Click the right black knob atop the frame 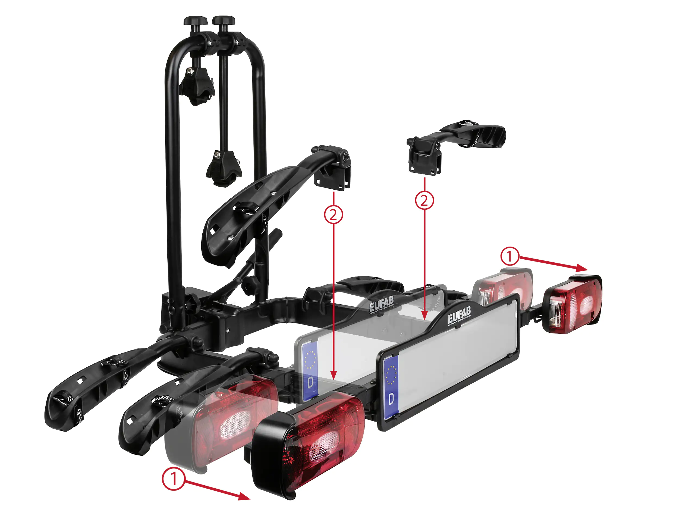click(x=224, y=21)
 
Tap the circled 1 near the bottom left click(x=174, y=479)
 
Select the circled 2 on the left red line click(x=334, y=214)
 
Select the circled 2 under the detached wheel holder click(x=424, y=201)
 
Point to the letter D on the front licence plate click(x=391, y=399)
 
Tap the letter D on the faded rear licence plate click(x=310, y=382)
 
